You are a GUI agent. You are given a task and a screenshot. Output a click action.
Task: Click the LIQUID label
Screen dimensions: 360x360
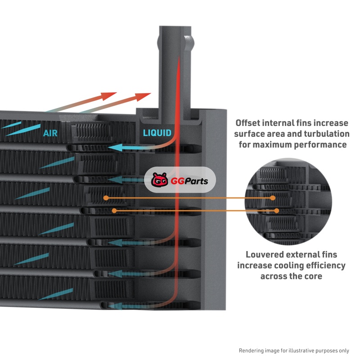click(157, 133)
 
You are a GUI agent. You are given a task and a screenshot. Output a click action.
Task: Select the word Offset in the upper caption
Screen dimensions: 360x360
click(249, 123)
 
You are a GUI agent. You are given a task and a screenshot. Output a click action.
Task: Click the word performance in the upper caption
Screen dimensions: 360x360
click(321, 145)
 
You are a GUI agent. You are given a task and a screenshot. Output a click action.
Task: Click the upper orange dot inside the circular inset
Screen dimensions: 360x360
click(273, 198)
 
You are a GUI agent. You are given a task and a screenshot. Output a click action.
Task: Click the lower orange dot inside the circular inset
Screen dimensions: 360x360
click(276, 211)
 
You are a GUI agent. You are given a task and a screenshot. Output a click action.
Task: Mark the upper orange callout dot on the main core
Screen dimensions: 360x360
click(106, 198)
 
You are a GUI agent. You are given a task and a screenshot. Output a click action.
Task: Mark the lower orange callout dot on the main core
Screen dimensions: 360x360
click(115, 210)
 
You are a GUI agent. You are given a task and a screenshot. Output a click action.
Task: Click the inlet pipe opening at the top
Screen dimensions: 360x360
click(176, 31)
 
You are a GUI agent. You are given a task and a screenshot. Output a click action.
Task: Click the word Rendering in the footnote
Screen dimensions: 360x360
click(252, 350)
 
